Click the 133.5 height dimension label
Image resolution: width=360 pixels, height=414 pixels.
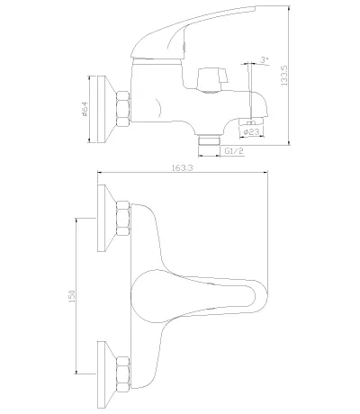284,76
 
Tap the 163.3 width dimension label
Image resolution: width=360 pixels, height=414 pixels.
183,167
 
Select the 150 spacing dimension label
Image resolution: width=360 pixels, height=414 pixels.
72,296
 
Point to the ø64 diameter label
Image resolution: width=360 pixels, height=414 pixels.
85,109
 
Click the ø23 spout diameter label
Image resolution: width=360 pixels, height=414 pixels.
252,131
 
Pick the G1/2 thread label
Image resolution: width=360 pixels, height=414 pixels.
234,151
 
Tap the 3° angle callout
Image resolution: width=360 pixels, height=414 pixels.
264,59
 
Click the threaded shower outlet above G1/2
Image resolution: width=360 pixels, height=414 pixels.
210,140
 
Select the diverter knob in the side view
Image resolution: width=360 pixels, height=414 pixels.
212,80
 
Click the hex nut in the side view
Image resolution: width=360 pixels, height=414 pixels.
123,108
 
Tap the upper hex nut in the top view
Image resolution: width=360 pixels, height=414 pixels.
123,219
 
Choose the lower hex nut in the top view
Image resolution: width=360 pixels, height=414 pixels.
123,373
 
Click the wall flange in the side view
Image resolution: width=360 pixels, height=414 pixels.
106,109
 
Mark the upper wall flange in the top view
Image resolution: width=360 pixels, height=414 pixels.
106,218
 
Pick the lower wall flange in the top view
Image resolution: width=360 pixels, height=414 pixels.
106,374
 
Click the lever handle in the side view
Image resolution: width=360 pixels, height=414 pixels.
192,33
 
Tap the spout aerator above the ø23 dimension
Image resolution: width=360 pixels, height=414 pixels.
251,121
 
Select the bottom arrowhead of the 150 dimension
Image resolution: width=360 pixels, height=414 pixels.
76,372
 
